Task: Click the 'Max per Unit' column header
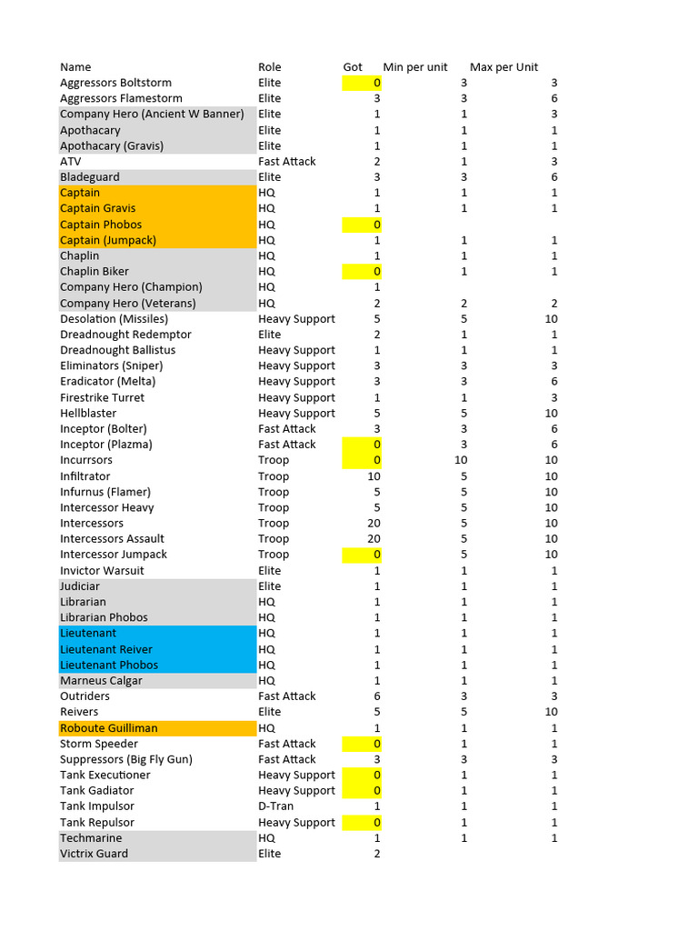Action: [x=504, y=67]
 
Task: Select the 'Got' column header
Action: [x=353, y=67]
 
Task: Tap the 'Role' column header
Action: [x=270, y=67]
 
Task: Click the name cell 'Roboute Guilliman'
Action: [x=109, y=728]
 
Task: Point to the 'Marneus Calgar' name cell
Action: [x=101, y=681]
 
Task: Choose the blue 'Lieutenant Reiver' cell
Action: [x=106, y=649]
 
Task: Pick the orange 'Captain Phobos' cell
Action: [x=101, y=225]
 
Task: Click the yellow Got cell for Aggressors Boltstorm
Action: [x=363, y=83]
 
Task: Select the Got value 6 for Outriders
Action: [x=376, y=696]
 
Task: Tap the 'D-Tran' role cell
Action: [x=276, y=806]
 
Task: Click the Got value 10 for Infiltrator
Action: [x=374, y=476]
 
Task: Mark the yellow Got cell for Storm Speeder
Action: [x=363, y=744]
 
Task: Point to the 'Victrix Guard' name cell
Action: [x=94, y=854]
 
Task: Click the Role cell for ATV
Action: [x=287, y=162]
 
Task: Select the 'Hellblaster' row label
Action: [x=88, y=414]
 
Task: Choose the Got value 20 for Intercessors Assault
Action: [x=374, y=539]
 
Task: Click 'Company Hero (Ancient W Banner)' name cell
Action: [x=152, y=115]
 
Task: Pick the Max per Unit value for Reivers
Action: [x=551, y=712]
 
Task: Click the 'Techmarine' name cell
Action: [x=91, y=838]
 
